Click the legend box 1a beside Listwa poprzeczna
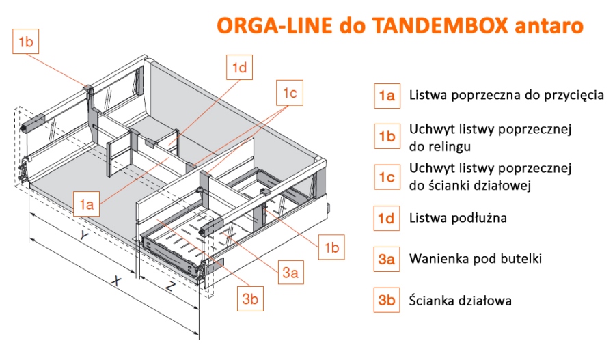pyautogui.click(x=387, y=96)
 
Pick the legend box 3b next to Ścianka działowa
pyautogui.click(x=387, y=300)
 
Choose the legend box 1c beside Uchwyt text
pyautogui.click(x=387, y=177)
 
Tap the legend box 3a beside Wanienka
pyautogui.click(x=387, y=259)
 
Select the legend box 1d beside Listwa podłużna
pyautogui.click(x=387, y=219)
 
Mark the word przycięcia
pyautogui.click(x=574, y=96)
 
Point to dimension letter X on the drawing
pyautogui.click(x=116, y=281)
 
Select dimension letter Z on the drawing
pyautogui.click(x=170, y=287)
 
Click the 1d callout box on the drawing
pyautogui.click(x=239, y=68)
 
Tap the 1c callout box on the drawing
pyautogui.click(x=290, y=93)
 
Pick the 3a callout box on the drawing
pyautogui.click(x=290, y=273)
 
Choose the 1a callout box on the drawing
pyautogui.click(x=86, y=204)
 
